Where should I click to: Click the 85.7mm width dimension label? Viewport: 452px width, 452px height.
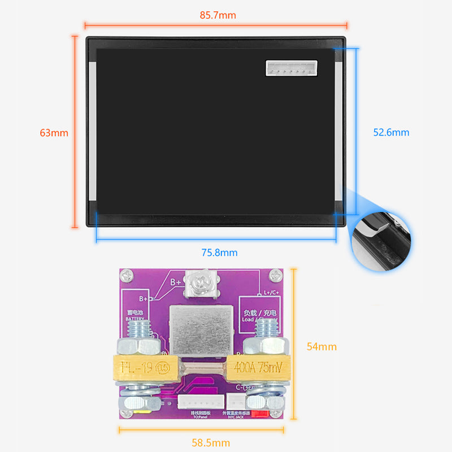(x=218, y=15)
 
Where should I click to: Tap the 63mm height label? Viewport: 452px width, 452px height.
(x=54, y=133)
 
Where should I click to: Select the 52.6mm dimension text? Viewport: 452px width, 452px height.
(x=391, y=132)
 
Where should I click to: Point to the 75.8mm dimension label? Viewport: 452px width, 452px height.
(x=219, y=253)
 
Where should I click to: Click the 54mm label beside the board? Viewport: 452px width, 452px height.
(x=321, y=346)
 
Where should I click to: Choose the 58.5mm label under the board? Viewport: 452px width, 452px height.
(x=211, y=442)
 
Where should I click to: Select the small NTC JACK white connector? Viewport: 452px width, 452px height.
(x=236, y=402)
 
